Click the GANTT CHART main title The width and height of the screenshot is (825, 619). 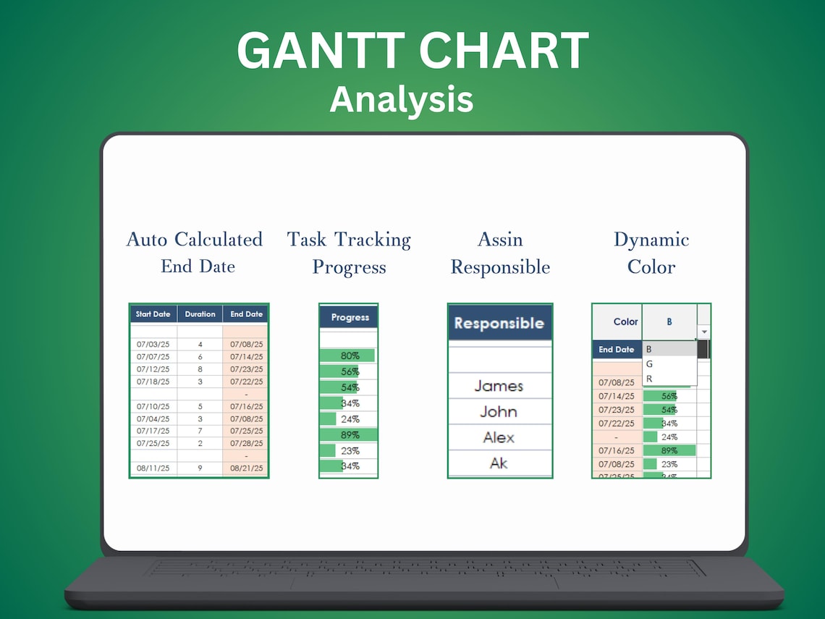tap(412, 51)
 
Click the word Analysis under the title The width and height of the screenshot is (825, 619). tap(402, 99)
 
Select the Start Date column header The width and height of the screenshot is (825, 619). tap(153, 314)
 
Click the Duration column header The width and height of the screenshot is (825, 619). tap(200, 314)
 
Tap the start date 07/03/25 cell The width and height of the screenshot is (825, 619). tap(153, 345)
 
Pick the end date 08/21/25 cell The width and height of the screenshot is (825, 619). tap(246, 468)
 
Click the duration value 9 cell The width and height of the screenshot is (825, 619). tap(200, 468)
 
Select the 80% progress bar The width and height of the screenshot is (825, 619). tap(348, 355)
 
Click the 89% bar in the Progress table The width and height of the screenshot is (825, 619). tap(348, 435)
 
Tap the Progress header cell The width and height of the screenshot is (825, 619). tap(350, 318)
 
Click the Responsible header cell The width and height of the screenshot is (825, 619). tap(499, 323)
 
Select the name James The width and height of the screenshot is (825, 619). tap(499, 386)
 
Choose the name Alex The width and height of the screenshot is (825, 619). tap(499, 437)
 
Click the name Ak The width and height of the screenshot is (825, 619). tap(499, 463)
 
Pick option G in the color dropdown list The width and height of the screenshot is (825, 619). tap(649, 364)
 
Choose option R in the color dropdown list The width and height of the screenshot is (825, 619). tap(649, 379)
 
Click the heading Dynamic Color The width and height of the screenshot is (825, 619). tap(651, 253)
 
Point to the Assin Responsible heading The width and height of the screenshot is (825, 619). tap(500, 253)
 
